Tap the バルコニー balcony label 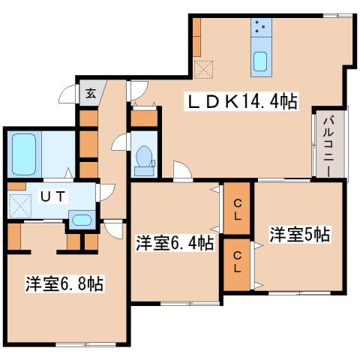click(x=329, y=145)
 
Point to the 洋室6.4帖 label click(x=175, y=243)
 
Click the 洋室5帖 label click(x=299, y=234)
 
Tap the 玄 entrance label click(x=89, y=94)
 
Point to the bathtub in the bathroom click(x=22, y=154)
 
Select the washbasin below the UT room click(x=79, y=220)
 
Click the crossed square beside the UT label click(x=20, y=202)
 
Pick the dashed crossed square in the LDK click(x=202, y=70)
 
